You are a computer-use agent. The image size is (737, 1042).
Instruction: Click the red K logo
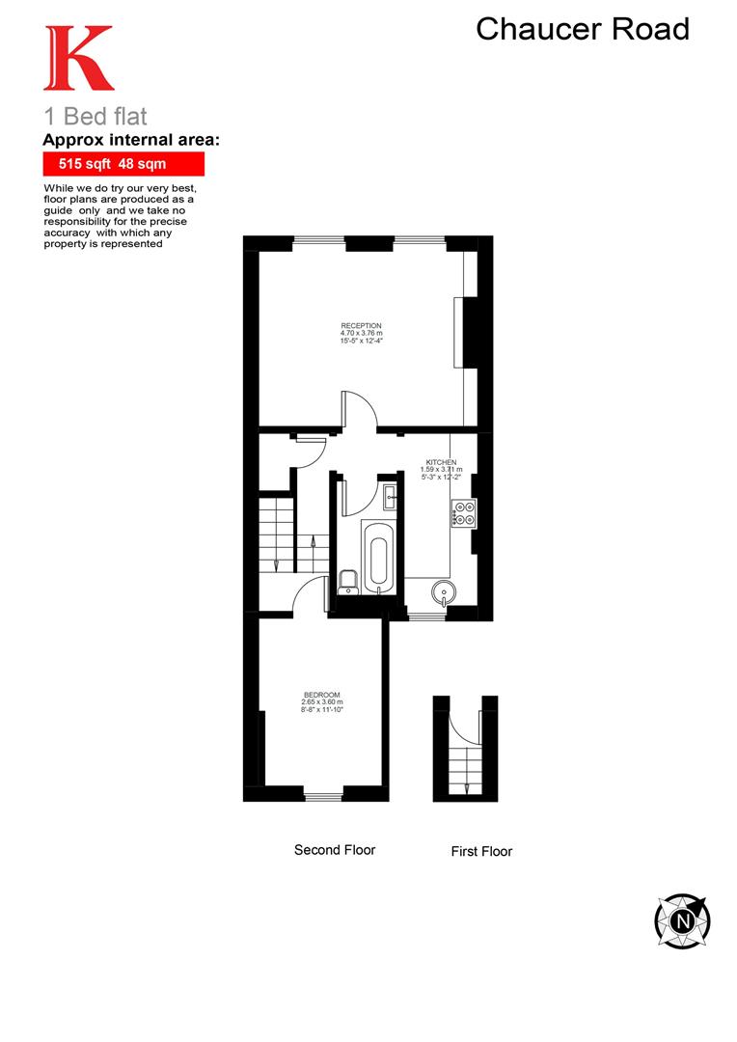78,60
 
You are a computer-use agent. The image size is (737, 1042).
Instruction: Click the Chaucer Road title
583,29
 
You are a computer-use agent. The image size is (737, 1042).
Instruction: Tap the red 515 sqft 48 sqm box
123,165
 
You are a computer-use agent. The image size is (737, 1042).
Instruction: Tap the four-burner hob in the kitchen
463,513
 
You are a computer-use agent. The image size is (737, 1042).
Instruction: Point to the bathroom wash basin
390,498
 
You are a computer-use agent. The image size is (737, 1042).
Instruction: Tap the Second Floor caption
335,850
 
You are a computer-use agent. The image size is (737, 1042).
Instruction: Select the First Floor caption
481,852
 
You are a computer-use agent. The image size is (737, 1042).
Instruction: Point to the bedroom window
323,796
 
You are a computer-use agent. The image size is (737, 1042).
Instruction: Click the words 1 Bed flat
96,117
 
